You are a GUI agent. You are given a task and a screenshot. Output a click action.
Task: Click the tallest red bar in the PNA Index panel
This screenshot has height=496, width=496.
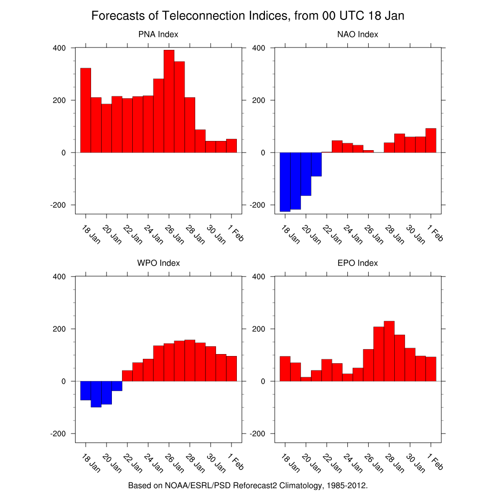click(x=169, y=101)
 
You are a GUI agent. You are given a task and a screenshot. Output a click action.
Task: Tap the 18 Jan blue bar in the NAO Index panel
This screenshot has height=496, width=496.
click(x=285, y=182)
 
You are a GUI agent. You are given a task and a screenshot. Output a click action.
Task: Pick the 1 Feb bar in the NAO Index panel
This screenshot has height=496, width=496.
click(x=431, y=140)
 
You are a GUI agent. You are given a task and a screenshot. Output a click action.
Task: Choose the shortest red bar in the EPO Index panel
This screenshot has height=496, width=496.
click(x=306, y=379)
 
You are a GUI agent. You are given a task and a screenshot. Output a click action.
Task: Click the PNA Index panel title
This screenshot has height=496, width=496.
click(x=158, y=34)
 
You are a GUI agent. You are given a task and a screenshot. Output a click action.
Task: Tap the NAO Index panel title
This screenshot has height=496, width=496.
click(x=357, y=34)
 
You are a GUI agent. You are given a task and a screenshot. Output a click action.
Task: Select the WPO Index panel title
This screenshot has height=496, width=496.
click(x=158, y=263)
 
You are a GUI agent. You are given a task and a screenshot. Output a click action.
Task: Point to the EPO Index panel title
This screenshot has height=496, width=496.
click(x=357, y=263)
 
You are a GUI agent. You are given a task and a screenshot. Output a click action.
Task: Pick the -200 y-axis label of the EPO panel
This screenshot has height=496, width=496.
click(x=258, y=434)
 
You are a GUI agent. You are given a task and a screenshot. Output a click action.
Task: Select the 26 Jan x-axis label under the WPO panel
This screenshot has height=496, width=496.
click(x=175, y=464)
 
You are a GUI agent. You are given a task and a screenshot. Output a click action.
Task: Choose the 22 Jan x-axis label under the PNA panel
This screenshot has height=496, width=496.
click(x=133, y=234)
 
